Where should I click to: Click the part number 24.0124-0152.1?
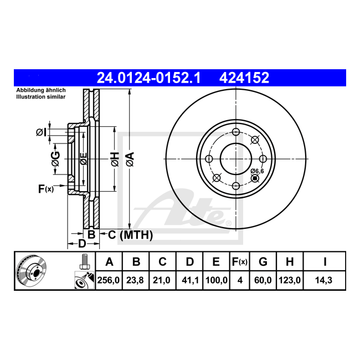click(x=149, y=78)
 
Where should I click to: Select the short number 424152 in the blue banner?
click(x=244, y=78)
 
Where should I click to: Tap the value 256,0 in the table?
click(x=109, y=280)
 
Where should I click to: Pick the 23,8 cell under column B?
click(x=135, y=280)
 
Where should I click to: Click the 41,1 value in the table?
click(x=189, y=280)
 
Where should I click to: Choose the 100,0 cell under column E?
click(x=216, y=280)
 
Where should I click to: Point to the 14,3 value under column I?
click(x=324, y=280)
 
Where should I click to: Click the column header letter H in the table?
click(x=290, y=262)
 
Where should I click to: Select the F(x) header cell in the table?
click(x=240, y=262)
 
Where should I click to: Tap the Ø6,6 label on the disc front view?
click(x=257, y=171)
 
